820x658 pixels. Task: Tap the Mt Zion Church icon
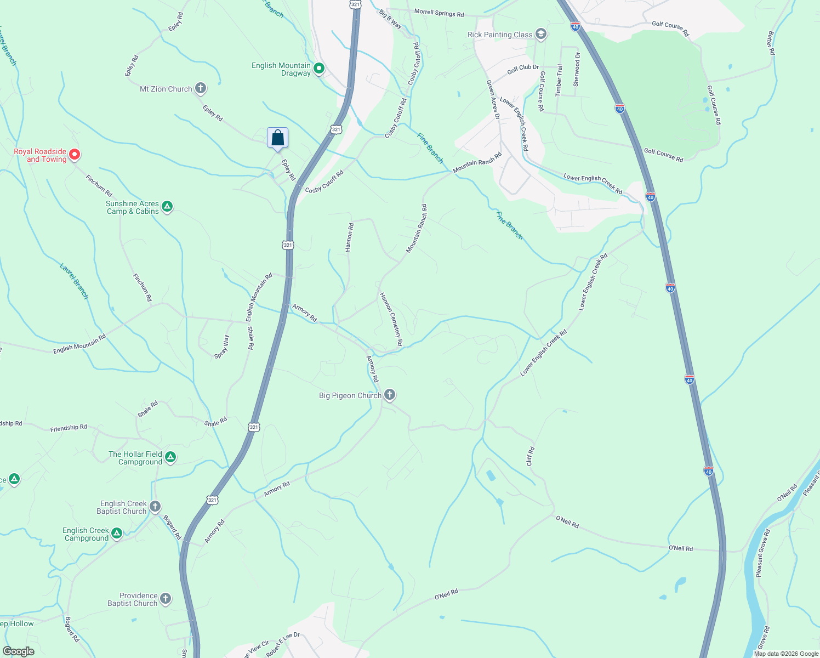(201, 88)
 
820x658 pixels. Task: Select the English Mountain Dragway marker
(319, 69)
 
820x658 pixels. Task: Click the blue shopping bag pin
(277, 138)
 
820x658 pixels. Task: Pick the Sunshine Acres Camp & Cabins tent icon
(168, 207)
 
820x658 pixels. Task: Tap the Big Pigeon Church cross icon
(389, 395)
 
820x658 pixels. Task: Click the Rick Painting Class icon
(541, 35)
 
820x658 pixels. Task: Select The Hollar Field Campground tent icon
(170, 457)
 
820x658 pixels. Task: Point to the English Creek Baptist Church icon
(155, 506)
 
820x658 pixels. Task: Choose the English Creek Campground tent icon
(117, 533)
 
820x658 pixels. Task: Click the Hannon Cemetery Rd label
(391, 319)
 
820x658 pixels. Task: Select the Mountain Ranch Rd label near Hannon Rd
(417, 229)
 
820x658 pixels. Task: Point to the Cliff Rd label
(530, 456)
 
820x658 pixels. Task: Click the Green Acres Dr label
(493, 99)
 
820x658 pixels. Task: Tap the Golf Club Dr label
(523, 69)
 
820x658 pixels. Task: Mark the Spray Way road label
(222, 347)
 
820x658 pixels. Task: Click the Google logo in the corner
(19, 651)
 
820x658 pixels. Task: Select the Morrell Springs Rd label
(439, 13)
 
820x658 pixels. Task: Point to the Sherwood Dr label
(576, 70)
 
